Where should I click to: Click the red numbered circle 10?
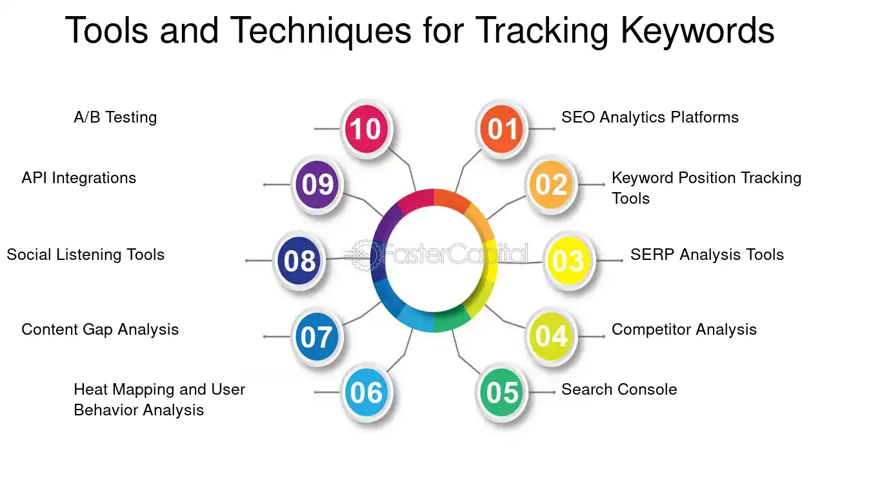pyautogui.click(x=366, y=128)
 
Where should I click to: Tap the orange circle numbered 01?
pyautogui.click(x=501, y=128)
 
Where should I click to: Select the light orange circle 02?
pyautogui.click(x=551, y=184)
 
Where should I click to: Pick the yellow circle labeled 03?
pyautogui.click(x=569, y=261)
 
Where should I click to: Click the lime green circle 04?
pyautogui.click(x=551, y=336)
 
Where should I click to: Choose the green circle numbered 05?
pyautogui.click(x=501, y=392)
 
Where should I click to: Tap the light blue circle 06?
pyautogui.click(x=366, y=392)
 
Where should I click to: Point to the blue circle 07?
pyautogui.click(x=317, y=336)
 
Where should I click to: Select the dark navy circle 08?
pyautogui.click(x=299, y=261)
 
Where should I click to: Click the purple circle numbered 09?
pyautogui.click(x=317, y=184)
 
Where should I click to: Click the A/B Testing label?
pyautogui.click(x=115, y=117)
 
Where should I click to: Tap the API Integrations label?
pyautogui.click(x=79, y=178)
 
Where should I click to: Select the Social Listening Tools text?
pyautogui.click(x=86, y=255)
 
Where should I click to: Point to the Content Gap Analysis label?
pyautogui.click(x=100, y=330)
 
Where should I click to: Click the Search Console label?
pyautogui.click(x=619, y=389)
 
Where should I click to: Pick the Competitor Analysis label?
pyautogui.click(x=685, y=330)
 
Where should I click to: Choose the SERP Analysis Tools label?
pyautogui.click(x=707, y=255)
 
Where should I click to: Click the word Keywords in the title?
pyautogui.click(x=697, y=30)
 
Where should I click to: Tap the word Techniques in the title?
pyautogui.click(x=321, y=31)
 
